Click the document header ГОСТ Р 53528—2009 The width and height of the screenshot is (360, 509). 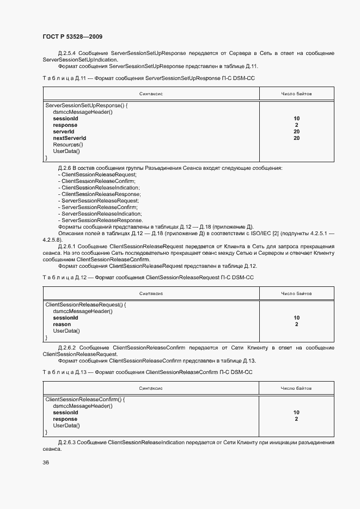(72, 36)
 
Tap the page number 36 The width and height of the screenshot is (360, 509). (46, 463)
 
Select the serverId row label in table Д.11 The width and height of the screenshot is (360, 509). (63, 132)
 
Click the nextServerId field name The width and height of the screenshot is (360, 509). (69, 138)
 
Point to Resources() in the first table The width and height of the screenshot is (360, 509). (68, 145)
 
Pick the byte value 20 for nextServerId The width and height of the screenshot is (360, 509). (296, 138)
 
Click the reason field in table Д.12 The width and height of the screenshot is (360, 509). (62, 324)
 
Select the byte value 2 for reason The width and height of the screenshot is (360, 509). (296, 324)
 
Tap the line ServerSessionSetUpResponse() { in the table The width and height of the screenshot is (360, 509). (87, 105)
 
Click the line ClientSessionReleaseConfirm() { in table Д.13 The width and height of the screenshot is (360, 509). (86, 400)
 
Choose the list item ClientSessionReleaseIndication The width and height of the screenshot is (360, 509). (101, 188)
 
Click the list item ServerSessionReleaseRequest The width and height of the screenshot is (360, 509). (100, 201)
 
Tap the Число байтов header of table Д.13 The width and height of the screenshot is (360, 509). (296, 389)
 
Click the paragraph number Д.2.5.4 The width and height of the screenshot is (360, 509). (66, 53)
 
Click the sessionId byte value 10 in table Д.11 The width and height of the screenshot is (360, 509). (296, 119)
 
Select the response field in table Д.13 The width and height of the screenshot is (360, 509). (65, 419)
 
